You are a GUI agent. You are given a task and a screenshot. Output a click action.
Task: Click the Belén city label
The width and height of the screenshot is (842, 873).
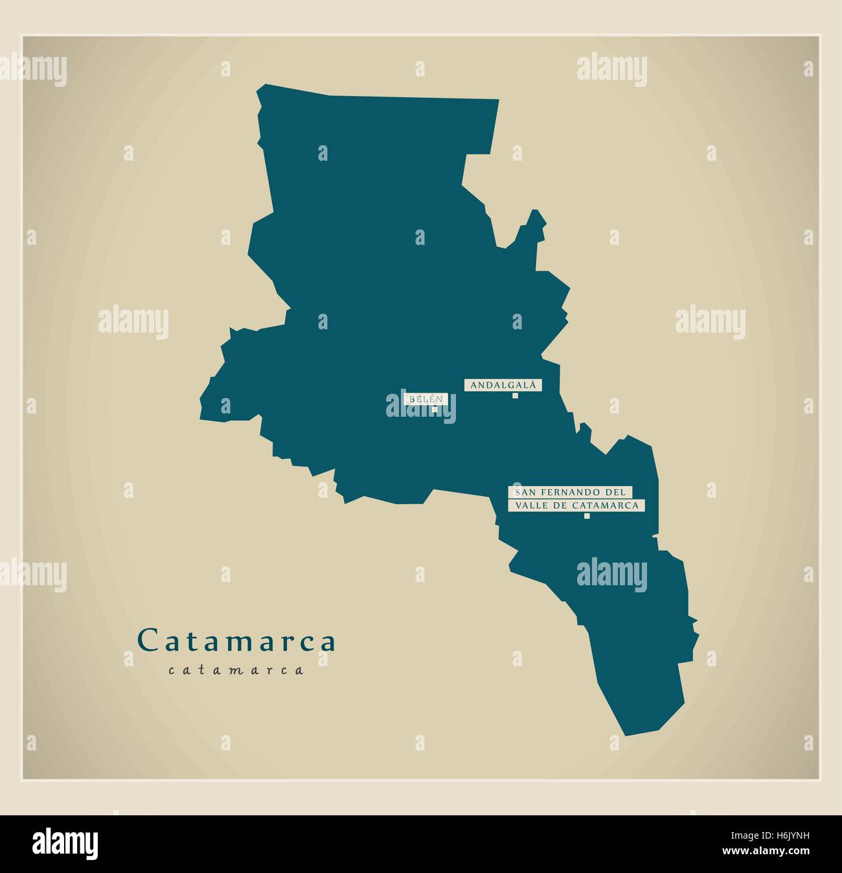426,399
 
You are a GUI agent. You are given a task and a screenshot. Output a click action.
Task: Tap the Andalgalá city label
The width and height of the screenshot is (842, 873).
503,385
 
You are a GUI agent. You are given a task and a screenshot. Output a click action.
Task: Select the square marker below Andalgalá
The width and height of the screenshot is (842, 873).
515,396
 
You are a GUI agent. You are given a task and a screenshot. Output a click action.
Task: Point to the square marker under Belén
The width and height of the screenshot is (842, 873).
435,409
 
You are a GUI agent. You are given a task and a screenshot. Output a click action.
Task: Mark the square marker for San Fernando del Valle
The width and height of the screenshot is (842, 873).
587,517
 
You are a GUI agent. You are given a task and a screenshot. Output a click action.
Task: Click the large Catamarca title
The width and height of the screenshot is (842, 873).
237,641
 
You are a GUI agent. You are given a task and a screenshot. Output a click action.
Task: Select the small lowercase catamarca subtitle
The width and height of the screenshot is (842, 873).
236,670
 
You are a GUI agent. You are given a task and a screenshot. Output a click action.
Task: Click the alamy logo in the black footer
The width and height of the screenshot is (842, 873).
65,843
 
